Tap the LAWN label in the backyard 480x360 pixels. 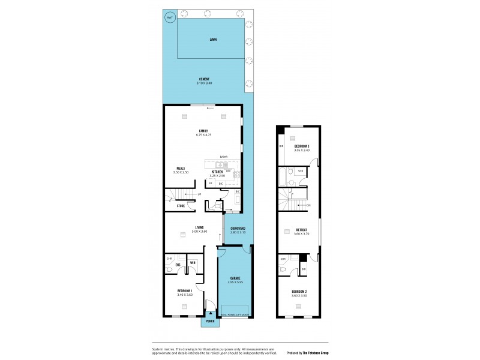tap(213, 40)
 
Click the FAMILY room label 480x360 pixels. tap(203, 130)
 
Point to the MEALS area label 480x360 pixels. tap(180, 169)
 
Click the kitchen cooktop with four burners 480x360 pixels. tap(236, 175)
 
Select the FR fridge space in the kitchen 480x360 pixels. tap(211, 183)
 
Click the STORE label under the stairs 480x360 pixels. tap(180, 206)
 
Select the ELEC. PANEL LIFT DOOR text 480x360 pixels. tap(234, 315)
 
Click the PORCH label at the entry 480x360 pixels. tap(210, 321)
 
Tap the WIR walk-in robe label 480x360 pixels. tap(193, 263)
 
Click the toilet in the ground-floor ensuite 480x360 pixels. tap(170, 271)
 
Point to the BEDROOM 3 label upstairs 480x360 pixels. tap(302, 146)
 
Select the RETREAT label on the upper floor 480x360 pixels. tap(302, 230)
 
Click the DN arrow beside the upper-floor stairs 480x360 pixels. tap(308, 205)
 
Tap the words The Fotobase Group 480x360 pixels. tap(312, 353)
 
